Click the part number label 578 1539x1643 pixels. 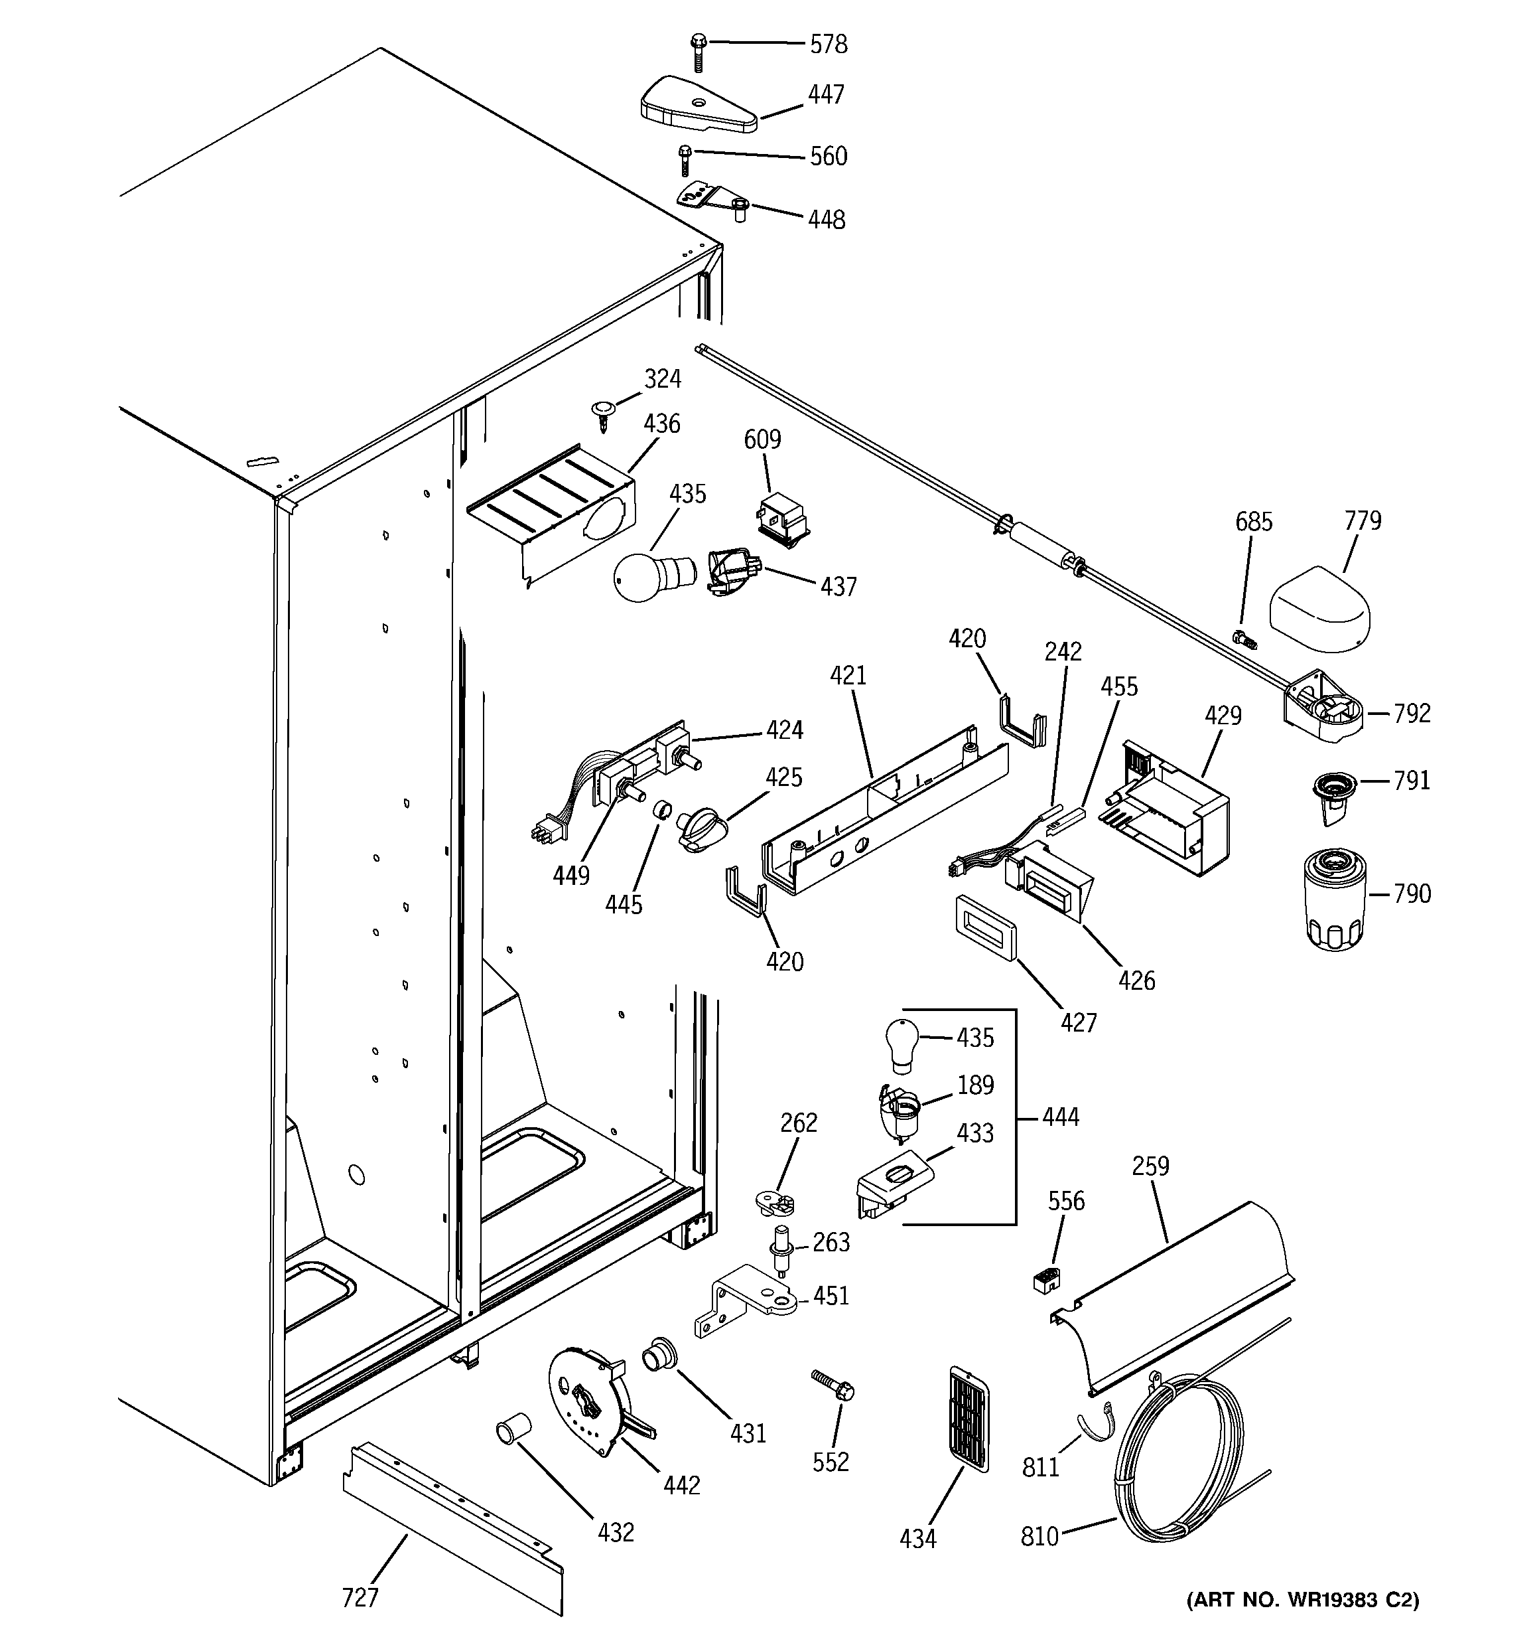click(x=828, y=44)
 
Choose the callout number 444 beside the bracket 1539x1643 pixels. click(x=1060, y=1117)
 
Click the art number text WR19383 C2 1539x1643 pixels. click(x=1303, y=1623)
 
